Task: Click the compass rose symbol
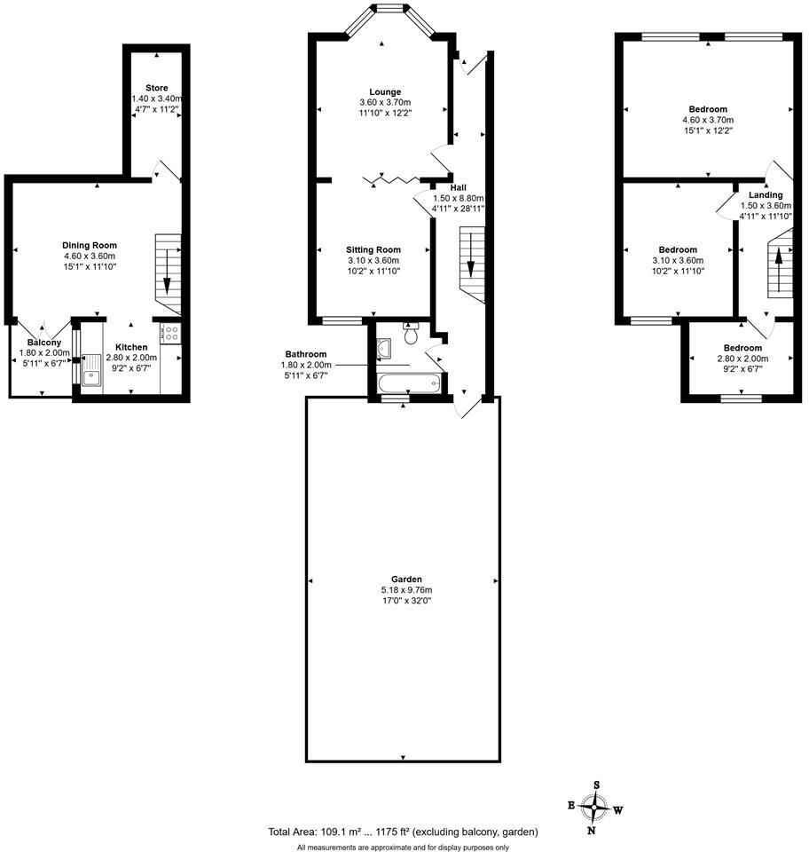point(596,807)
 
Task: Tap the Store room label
point(156,88)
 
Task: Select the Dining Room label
point(90,245)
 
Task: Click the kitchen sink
point(91,375)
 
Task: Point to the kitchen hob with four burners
point(171,334)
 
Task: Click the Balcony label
point(44,343)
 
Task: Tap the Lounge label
point(385,91)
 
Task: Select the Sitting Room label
point(373,249)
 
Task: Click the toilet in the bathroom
point(410,335)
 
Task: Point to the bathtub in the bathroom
point(407,384)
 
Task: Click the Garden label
point(403,578)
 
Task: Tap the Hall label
point(458,187)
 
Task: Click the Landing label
point(766,195)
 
